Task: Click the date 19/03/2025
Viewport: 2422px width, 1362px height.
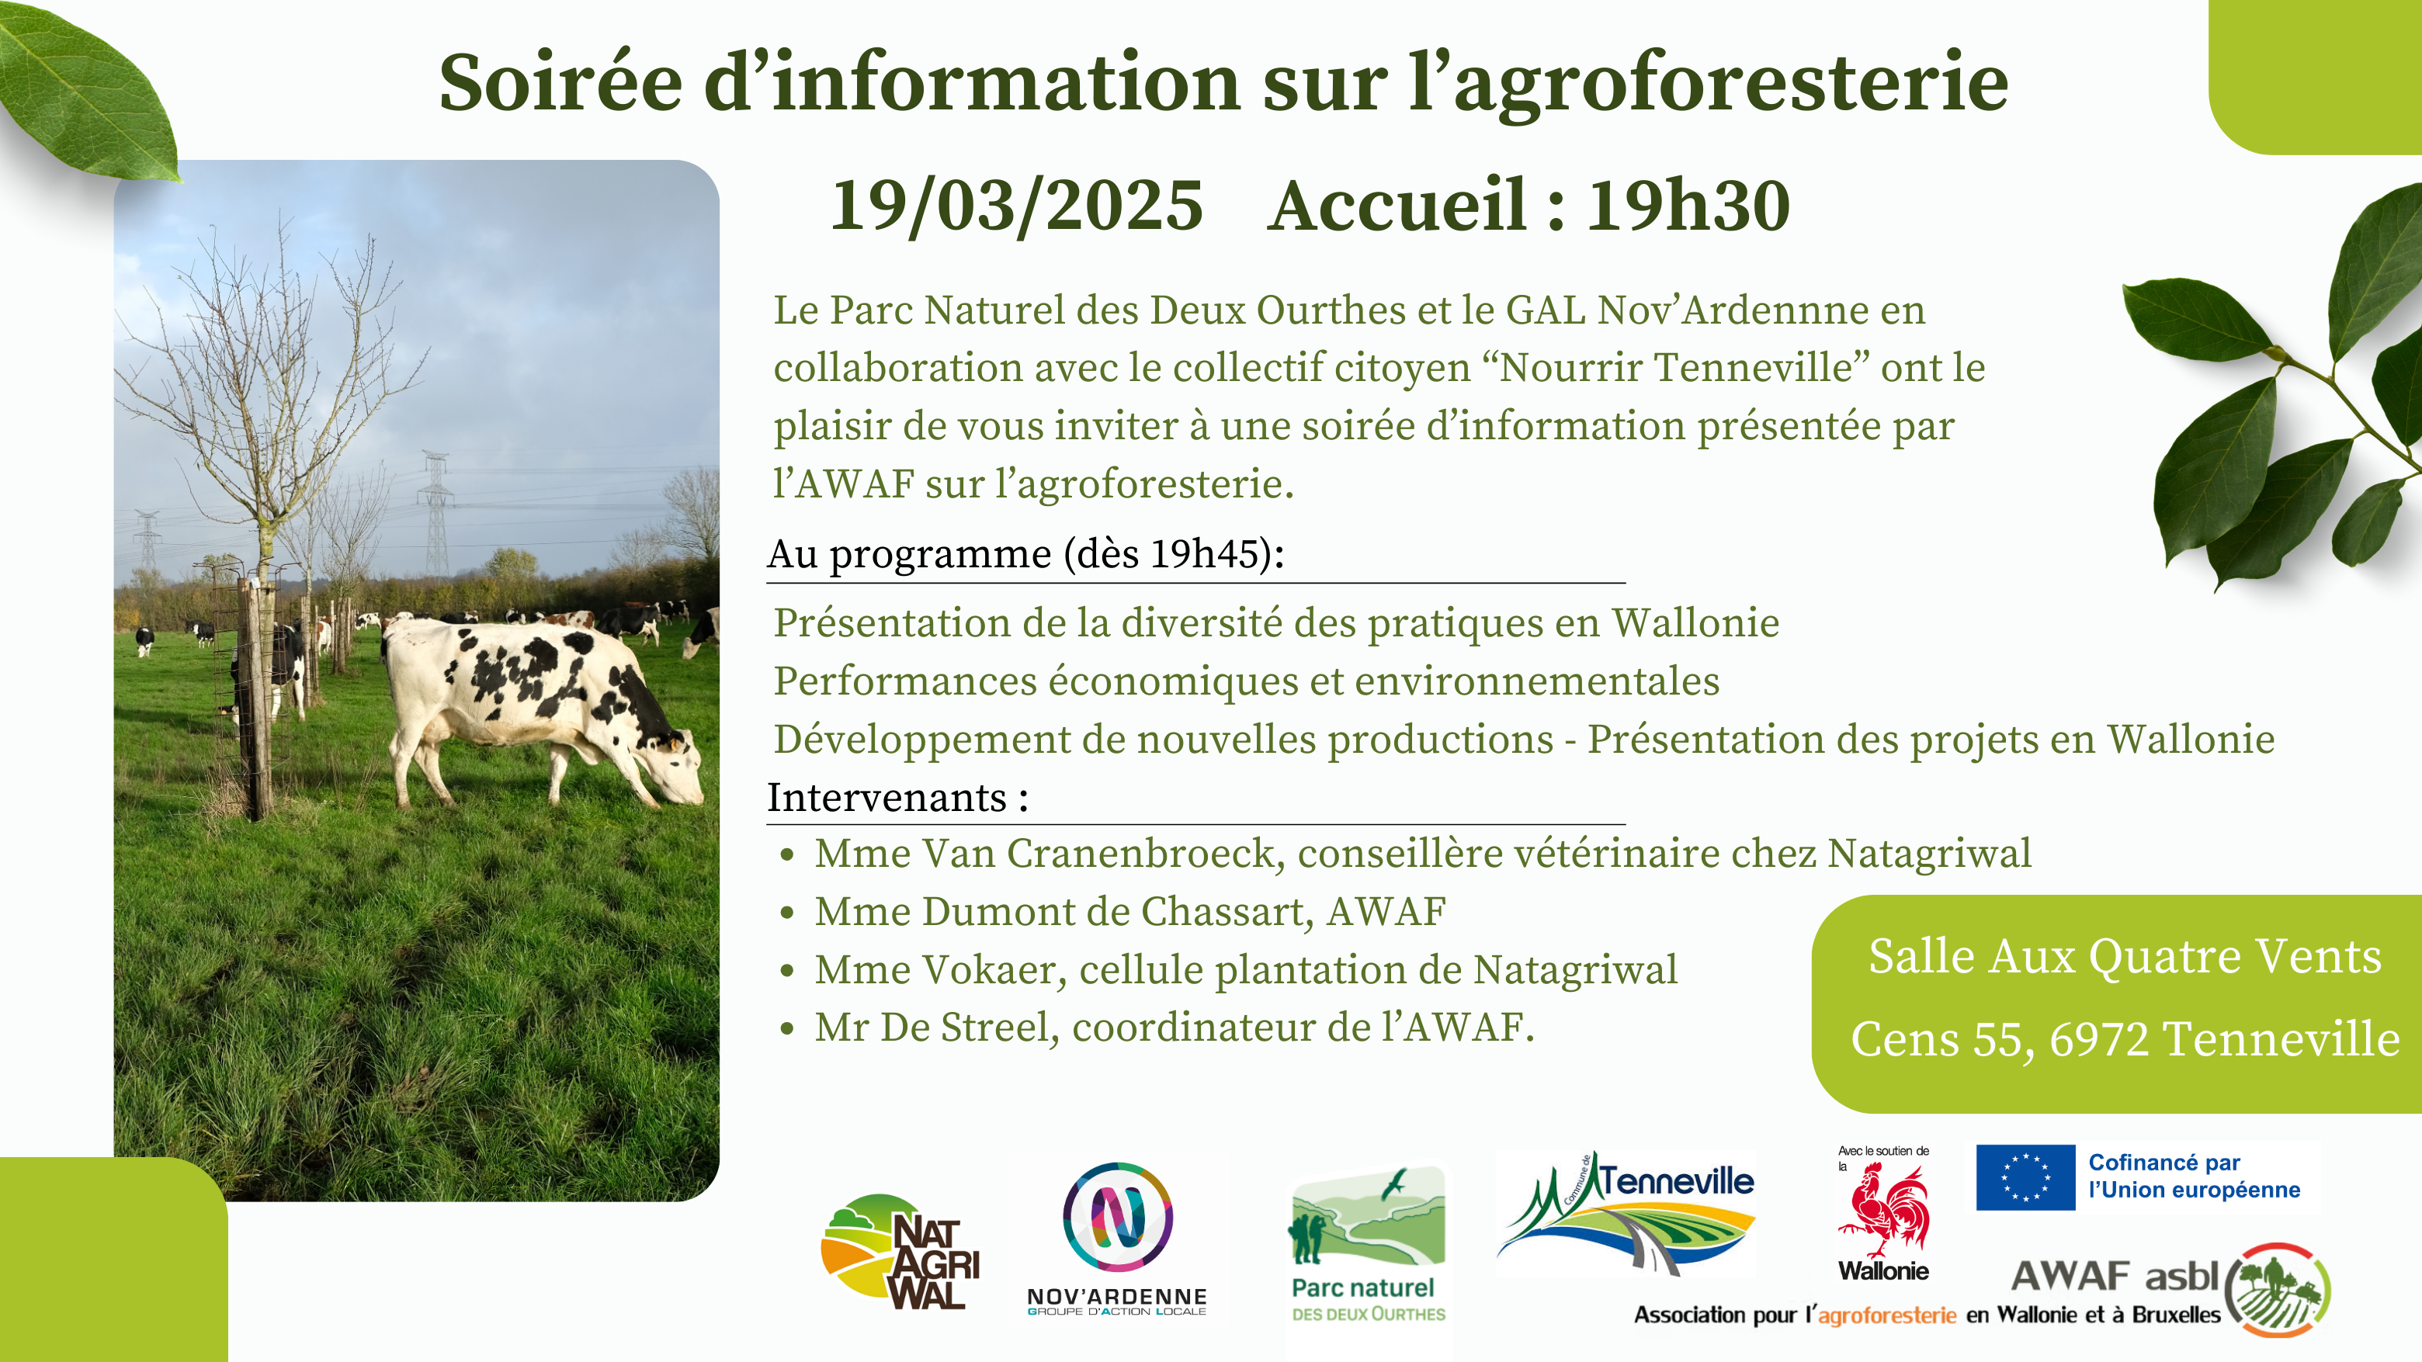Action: tap(1016, 206)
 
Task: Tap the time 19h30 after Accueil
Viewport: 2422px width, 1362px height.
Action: tap(1688, 206)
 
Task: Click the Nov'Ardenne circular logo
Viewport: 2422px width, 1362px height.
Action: tap(1117, 1216)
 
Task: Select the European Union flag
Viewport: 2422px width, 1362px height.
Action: tap(2025, 1177)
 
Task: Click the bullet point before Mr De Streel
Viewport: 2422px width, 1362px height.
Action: tap(787, 1028)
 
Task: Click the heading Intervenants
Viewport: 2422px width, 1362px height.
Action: tap(887, 797)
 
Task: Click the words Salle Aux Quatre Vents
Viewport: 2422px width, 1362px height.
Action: tap(2125, 956)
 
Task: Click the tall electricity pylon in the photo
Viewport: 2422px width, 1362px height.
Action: tap(436, 515)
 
